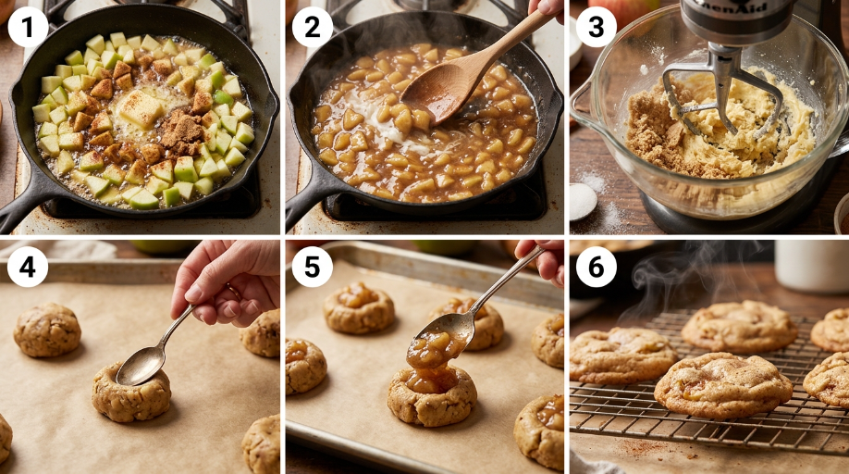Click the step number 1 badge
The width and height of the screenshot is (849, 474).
click(28, 27)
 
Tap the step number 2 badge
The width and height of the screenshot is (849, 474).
click(313, 27)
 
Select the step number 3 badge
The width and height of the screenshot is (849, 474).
click(597, 27)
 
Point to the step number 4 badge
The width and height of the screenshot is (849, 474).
click(28, 267)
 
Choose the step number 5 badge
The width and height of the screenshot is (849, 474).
click(313, 267)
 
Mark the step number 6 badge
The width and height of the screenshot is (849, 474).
click(597, 267)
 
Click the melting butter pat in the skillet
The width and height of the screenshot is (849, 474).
click(141, 109)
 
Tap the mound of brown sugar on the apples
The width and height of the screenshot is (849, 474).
click(181, 131)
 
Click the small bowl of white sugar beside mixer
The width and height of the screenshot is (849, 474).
click(582, 202)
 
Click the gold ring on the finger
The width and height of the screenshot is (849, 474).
click(234, 293)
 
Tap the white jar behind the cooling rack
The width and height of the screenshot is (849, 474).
click(811, 267)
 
